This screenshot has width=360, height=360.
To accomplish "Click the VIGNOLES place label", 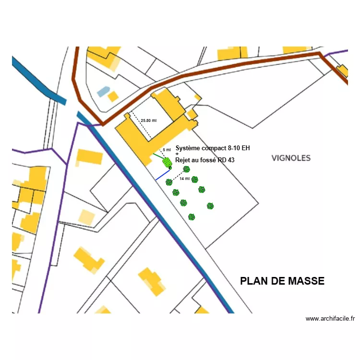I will [x=291, y=158].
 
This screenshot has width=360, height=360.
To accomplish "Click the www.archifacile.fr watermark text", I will [x=330, y=318].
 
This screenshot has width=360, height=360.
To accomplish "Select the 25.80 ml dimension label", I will [x=148, y=120].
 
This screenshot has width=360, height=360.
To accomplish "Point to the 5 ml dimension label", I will [x=167, y=150].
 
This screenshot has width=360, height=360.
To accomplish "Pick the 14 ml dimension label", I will [x=184, y=179].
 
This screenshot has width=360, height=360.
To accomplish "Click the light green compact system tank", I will [x=167, y=161].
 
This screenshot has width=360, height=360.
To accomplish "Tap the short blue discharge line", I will [x=162, y=175].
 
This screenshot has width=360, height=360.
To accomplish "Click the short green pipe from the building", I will [x=158, y=156].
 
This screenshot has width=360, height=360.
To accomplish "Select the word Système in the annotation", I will [x=189, y=148].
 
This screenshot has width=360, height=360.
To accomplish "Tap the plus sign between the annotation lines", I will [x=177, y=154].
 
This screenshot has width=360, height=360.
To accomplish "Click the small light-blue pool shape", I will [x=103, y=91].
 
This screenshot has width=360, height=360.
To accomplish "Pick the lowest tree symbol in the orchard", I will [x=192, y=217].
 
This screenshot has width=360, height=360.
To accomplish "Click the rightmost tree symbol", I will [x=210, y=206].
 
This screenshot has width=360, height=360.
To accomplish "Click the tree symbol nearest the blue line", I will [x=169, y=182].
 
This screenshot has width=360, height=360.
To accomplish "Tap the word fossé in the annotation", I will [x=206, y=160].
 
